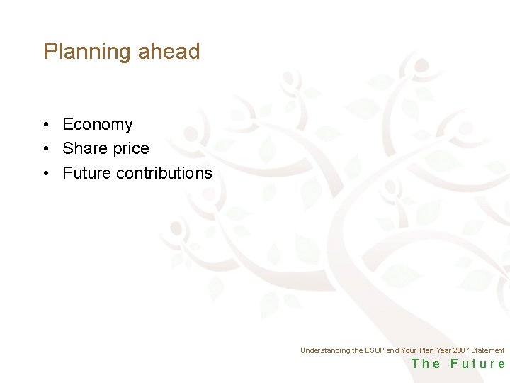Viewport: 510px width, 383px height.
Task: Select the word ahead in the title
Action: click(169, 52)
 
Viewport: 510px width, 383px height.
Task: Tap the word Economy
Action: click(97, 125)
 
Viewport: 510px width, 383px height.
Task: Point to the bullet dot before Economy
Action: click(45, 125)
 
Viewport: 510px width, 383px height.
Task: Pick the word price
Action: click(129, 149)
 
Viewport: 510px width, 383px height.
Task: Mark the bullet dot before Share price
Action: click(45, 149)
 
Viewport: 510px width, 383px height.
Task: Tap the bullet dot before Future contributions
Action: click(45, 173)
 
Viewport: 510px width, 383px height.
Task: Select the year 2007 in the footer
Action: click(461, 350)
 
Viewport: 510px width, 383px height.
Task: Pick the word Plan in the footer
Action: click(427, 350)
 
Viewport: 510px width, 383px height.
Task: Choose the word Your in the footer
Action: click(409, 350)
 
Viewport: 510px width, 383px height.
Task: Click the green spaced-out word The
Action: click(426, 364)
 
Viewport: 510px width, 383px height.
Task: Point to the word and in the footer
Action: click(392, 350)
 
